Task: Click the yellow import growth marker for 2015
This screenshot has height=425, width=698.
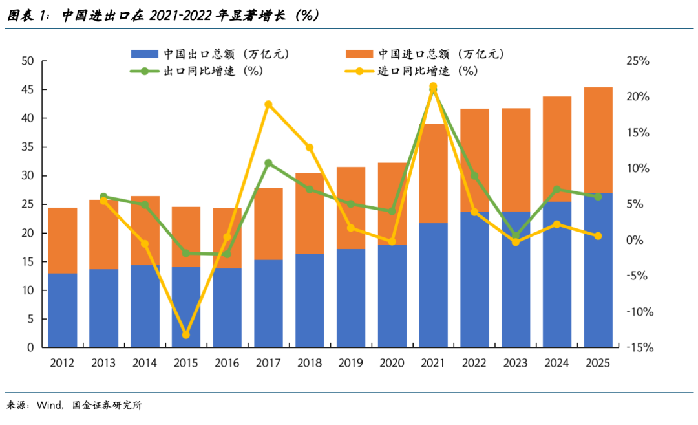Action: click(186, 334)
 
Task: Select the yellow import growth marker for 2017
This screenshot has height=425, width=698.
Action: click(268, 104)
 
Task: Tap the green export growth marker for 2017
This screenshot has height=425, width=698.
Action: click(268, 163)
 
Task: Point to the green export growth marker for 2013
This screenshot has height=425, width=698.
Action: click(103, 197)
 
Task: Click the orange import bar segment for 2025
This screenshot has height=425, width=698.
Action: click(598, 140)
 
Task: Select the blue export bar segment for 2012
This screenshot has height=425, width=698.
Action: click(63, 311)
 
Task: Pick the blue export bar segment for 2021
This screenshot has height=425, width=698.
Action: click(433, 285)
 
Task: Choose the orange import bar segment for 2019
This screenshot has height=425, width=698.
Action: click(351, 208)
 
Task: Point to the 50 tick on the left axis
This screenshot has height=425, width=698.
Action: click(27, 61)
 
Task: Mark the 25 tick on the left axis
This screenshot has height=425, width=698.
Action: click(27, 204)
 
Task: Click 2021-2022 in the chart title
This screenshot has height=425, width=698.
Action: click(181, 16)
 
